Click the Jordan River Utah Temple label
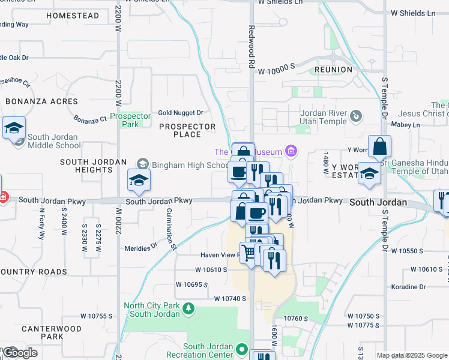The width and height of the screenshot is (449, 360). pos(324,117)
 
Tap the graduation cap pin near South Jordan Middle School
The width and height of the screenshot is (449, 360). pos(14,127)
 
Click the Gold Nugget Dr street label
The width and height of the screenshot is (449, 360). pos(180,113)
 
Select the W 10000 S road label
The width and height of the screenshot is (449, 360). pos(276,71)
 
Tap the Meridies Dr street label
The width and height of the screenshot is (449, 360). pos(140,245)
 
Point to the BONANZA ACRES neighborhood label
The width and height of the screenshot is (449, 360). pos(41,101)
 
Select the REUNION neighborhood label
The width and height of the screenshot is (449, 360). pos(333,70)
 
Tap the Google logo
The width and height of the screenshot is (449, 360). pos(20,353)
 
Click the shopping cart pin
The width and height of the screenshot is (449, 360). pos(249,251)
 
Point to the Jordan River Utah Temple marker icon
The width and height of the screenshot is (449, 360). pos(356,115)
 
